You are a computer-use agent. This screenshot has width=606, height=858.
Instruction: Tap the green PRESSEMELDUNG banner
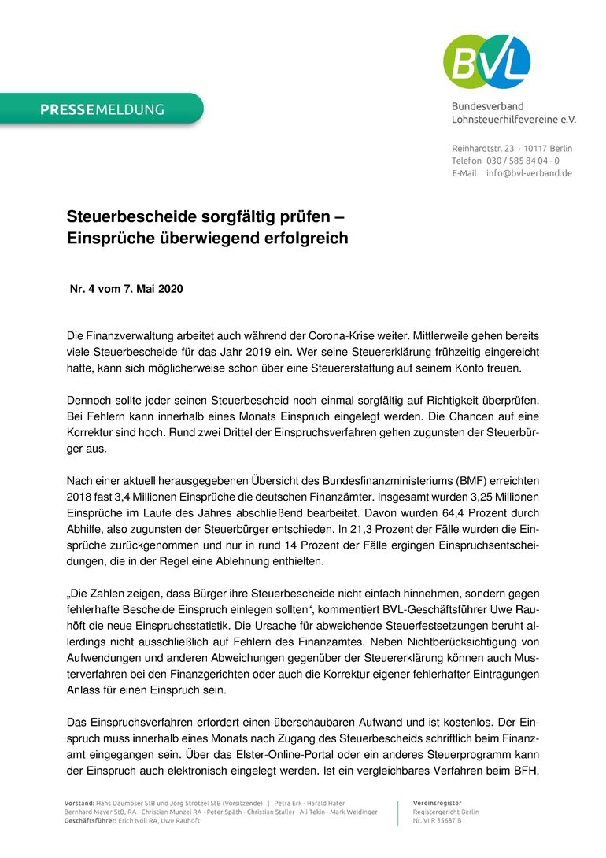102,109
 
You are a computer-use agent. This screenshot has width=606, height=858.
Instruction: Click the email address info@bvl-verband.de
529,173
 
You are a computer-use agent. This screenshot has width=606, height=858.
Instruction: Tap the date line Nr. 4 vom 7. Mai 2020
127,289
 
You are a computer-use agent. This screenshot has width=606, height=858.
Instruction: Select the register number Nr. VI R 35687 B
438,821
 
